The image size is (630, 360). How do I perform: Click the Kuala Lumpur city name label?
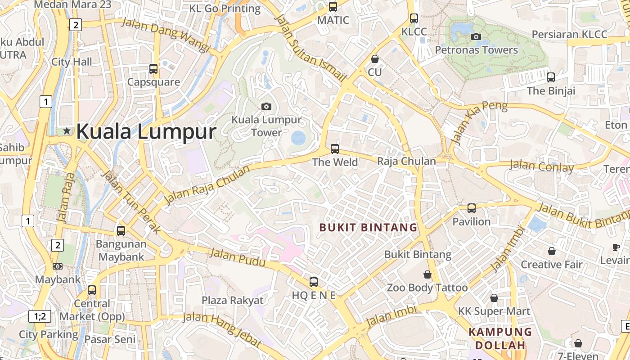point(146,132)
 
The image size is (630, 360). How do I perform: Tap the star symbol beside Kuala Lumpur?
point(67,131)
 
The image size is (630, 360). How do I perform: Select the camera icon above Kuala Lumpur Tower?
point(266,106)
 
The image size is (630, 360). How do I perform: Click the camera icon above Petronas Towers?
point(476,36)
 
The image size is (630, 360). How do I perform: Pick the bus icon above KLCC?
point(414,18)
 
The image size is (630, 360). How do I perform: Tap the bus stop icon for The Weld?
point(334,148)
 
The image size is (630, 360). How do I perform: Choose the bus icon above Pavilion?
point(472,208)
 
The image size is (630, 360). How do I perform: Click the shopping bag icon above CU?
point(374,59)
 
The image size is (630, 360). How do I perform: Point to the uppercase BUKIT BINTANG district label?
point(369,227)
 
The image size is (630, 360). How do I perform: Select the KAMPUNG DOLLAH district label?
point(500,339)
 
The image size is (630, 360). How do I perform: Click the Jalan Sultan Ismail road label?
point(310,48)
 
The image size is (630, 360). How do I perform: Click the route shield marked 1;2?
point(40,316)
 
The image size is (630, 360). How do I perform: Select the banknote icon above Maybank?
point(58,266)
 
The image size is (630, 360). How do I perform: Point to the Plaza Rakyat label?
point(232,300)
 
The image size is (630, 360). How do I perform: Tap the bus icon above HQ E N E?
point(314,282)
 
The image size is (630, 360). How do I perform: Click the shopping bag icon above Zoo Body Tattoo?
point(427,274)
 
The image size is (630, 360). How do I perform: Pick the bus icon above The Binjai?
point(551,77)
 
